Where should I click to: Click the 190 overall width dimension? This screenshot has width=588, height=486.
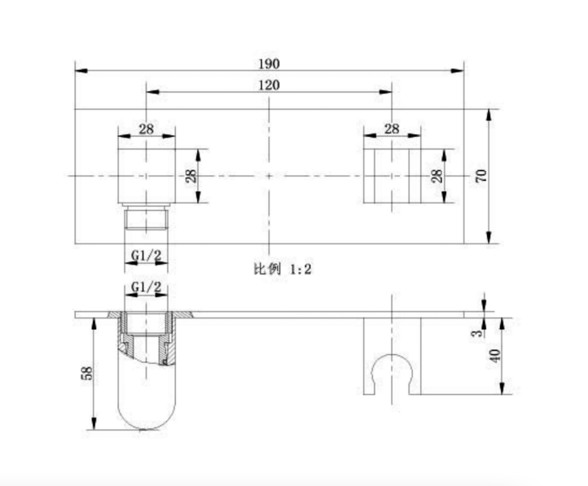click(x=269, y=63)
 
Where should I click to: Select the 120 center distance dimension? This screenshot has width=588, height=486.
click(x=269, y=85)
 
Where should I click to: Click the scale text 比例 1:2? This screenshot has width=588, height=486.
click(x=282, y=268)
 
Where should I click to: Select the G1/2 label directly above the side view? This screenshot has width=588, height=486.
click(x=146, y=287)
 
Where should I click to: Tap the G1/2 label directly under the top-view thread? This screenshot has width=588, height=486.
click(x=146, y=256)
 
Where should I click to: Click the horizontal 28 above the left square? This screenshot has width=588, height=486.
click(x=147, y=129)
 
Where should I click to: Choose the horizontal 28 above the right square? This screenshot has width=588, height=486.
click(x=392, y=129)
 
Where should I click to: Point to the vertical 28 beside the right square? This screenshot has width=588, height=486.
click(x=436, y=176)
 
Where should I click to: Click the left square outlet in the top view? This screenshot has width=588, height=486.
click(x=147, y=176)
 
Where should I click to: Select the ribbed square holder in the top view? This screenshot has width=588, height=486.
click(x=392, y=176)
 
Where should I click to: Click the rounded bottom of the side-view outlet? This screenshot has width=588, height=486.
click(x=147, y=415)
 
